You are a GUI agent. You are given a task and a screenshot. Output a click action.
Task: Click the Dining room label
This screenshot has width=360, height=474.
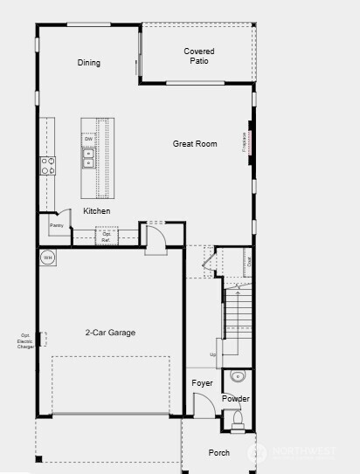pyautogui.click(x=89, y=63)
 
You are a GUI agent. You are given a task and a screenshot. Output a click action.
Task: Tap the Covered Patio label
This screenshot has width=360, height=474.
pyautogui.click(x=199, y=57)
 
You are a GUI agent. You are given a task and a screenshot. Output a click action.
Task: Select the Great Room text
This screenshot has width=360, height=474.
pyautogui.click(x=194, y=143)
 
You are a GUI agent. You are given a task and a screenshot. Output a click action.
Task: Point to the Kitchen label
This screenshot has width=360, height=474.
pyautogui.click(x=97, y=211)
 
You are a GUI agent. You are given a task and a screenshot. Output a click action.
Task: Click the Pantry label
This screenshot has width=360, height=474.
pyautogui.click(x=57, y=226)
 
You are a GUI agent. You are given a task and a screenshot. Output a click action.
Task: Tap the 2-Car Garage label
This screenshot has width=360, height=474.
pyautogui.click(x=110, y=333)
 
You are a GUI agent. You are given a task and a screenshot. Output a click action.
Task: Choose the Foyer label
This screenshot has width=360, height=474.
pyautogui.click(x=203, y=383)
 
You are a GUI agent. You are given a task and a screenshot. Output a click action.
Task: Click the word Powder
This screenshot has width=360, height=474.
pyautogui.click(x=235, y=399)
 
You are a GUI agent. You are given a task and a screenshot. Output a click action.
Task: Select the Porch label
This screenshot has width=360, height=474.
pyautogui.click(x=219, y=452)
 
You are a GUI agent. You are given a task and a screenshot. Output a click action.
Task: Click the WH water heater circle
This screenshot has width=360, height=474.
pyautogui.click(x=48, y=258)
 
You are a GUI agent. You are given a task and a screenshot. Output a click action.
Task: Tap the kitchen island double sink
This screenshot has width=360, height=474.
pyautogui.click(x=88, y=157)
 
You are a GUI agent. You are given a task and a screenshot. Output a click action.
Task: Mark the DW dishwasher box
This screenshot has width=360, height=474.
pyautogui.click(x=88, y=140)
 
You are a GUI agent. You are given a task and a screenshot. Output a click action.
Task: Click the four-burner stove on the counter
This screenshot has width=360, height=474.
pyautogui.click(x=47, y=166)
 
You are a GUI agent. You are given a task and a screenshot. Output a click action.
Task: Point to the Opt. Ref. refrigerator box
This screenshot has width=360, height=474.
pyautogui.click(x=107, y=236)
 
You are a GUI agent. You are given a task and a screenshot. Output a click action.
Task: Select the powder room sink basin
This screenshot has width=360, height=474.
pyautogui.click(x=237, y=378)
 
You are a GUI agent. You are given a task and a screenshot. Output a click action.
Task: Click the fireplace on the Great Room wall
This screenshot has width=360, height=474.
pyautogui.click(x=251, y=144)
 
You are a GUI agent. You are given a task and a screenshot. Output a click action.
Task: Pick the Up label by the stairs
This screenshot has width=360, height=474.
pyautogui.click(x=212, y=355)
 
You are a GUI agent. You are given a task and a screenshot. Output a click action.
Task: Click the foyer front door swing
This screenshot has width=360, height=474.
pyautogui.click(x=203, y=405)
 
